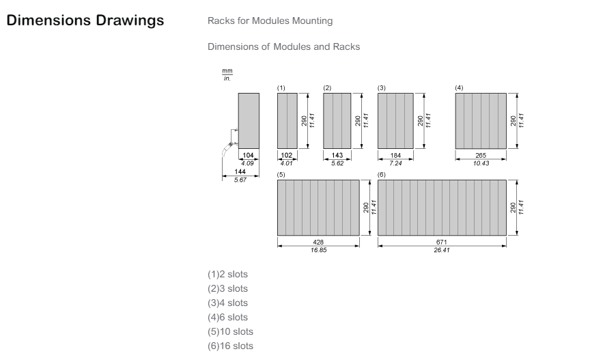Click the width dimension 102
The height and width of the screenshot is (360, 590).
point(287,156)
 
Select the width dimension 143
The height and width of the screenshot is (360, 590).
point(337,156)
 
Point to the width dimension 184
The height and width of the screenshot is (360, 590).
point(395,156)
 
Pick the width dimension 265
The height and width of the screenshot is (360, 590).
point(481,156)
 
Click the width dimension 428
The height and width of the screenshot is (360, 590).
point(318,243)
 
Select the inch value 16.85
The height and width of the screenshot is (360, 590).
point(318,250)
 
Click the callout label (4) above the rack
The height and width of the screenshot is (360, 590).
point(459,89)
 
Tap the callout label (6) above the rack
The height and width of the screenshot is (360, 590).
point(382,175)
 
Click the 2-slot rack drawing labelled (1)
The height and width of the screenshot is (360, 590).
point(287,120)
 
